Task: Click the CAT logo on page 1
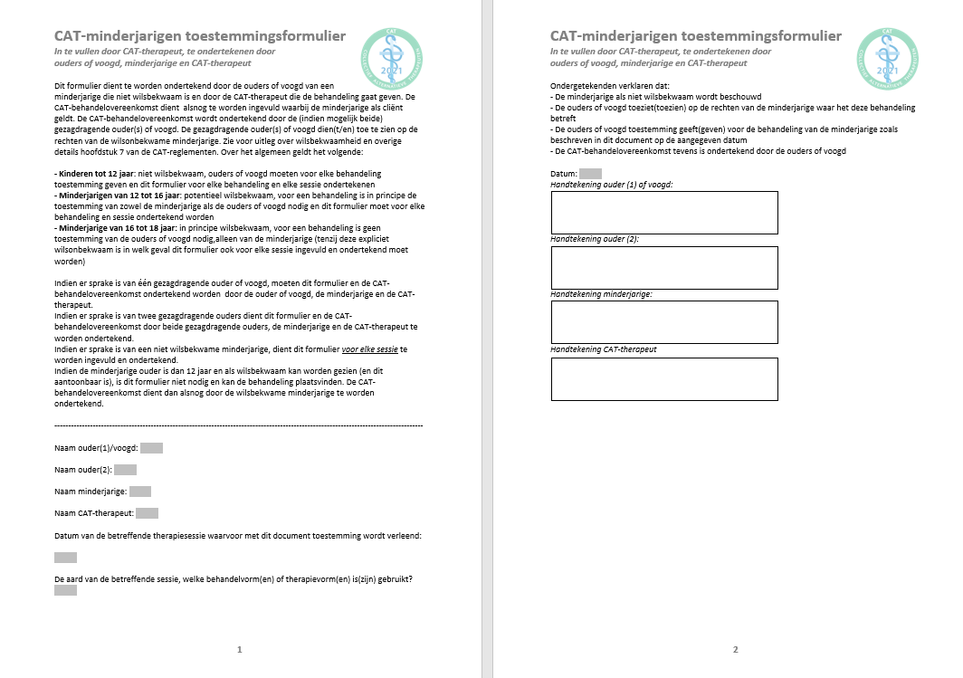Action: (x=391, y=53)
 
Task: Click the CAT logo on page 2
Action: (x=887, y=53)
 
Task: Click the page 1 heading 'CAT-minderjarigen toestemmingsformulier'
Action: (x=200, y=36)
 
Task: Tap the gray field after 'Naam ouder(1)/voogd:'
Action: (x=151, y=447)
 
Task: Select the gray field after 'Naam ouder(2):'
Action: (x=125, y=470)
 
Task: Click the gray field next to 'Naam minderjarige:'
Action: (x=140, y=492)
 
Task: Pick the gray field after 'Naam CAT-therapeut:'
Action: (x=147, y=513)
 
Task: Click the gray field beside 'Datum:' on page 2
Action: (x=590, y=173)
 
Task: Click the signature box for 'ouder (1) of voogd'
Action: (x=664, y=213)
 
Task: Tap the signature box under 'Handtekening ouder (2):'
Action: (x=664, y=267)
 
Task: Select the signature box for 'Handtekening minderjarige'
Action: (x=664, y=322)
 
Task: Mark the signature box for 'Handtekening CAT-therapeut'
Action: (x=664, y=378)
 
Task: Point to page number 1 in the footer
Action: (x=239, y=649)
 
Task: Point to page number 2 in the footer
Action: (x=735, y=649)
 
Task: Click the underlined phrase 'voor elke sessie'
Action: (x=369, y=349)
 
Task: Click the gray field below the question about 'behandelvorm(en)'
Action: (x=65, y=590)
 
